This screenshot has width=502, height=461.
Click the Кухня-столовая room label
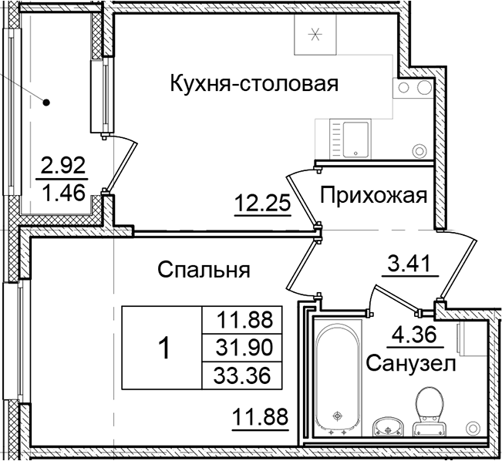pos(254,82)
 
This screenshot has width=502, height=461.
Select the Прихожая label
pos(373,196)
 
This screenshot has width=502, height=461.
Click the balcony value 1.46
pos(61,191)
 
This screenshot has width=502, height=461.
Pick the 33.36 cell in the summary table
pos(241,375)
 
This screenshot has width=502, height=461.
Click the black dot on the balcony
pos(47,101)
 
